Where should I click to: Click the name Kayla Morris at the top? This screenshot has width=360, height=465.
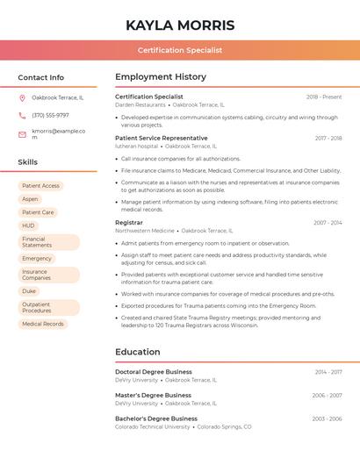click(180, 25)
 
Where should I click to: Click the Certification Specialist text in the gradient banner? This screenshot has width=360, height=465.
click(180, 51)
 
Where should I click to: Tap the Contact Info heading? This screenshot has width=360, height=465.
click(40, 77)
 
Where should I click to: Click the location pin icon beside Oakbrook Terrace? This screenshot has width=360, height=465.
click(22, 97)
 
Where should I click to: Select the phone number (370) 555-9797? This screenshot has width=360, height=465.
click(50, 115)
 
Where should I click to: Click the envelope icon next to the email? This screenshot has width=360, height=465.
click(22, 133)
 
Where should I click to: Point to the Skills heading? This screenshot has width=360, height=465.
click(28, 162)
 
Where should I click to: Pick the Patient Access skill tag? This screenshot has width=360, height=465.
click(40, 186)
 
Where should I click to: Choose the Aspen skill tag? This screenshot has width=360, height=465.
click(30, 199)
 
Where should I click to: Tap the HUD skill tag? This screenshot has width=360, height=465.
click(29, 225)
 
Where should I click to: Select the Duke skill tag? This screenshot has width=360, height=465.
click(29, 291)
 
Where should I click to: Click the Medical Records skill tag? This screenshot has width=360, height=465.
click(43, 324)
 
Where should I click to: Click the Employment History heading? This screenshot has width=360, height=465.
click(161, 77)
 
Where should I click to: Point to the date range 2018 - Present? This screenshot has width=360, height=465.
click(324, 97)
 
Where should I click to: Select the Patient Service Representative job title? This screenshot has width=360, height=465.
click(162, 138)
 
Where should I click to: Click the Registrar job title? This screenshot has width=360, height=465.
click(129, 223)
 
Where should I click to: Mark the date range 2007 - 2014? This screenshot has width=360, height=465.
click(328, 223)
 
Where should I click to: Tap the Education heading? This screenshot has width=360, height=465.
click(138, 352)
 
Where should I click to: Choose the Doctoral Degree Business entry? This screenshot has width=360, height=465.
click(154, 372)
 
